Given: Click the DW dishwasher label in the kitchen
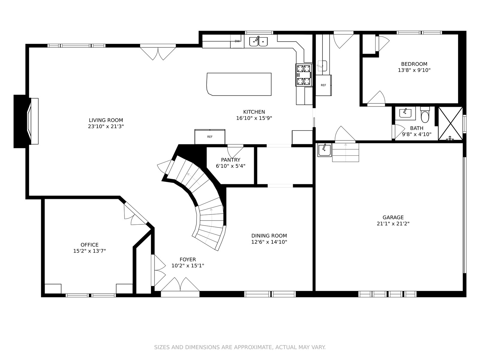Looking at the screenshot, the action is (x=237, y=41).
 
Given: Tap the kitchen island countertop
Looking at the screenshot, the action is (x=239, y=84).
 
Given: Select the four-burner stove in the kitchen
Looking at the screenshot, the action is (x=304, y=75).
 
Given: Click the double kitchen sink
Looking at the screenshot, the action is (x=259, y=41).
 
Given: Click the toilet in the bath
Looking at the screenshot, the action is (x=425, y=115).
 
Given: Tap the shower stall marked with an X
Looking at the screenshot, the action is (x=451, y=124).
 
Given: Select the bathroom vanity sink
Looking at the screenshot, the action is (x=405, y=113).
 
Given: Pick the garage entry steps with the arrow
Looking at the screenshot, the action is (x=346, y=152).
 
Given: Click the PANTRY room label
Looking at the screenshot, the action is (x=230, y=160).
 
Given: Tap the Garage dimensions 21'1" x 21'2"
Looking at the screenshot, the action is (x=393, y=223).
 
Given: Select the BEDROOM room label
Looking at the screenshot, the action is (x=414, y=64).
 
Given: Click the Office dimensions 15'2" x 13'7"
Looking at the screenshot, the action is (x=89, y=251).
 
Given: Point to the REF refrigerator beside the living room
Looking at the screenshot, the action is (x=210, y=136).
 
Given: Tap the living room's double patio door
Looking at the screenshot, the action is (x=158, y=52).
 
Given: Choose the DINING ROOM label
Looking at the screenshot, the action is (x=269, y=235).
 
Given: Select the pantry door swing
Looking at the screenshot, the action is (x=235, y=152).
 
